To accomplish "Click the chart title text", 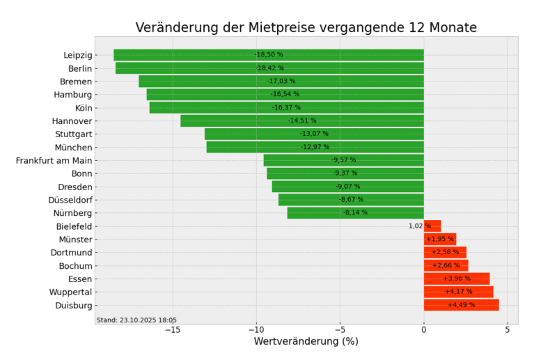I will [306, 28].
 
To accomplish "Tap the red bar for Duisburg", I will [461, 305].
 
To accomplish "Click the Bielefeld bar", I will [432, 226].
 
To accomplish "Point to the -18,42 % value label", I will [269, 68].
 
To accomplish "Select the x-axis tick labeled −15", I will [173, 330].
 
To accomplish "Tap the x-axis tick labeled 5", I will [507, 330].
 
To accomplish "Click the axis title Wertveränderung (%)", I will [306, 342].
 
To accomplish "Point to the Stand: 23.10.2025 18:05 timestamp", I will [136, 320].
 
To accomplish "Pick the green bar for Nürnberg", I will [355, 213].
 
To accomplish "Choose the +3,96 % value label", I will [457, 279].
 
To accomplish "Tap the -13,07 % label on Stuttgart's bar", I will [314, 134].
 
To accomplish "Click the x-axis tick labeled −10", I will [256, 330].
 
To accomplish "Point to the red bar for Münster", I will [440, 239].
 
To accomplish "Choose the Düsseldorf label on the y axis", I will [70, 200].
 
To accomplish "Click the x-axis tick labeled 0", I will [423, 330].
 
